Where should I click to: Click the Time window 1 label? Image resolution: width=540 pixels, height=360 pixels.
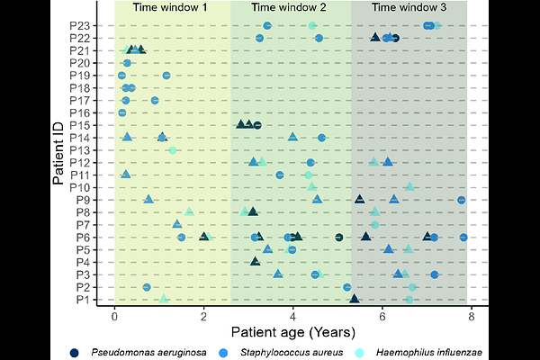[x=170, y=8]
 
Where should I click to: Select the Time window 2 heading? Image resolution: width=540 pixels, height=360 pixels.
[x=289, y=8]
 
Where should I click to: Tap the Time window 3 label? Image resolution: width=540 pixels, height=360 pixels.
[x=409, y=8]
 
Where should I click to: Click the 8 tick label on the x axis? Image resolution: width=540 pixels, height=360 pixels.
[x=471, y=318]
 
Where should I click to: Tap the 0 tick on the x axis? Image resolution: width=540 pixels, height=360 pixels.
[x=114, y=318]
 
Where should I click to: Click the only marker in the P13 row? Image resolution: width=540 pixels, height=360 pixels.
[x=172, y=149]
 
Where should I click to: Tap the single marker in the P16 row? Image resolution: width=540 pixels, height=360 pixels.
[x=122, y=112]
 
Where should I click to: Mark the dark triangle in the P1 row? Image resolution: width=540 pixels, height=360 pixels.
[x=355, y=298]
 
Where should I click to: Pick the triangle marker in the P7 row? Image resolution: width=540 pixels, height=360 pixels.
[x=177, y=223]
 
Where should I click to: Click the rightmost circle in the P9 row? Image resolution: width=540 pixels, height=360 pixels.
[x=462, y=200]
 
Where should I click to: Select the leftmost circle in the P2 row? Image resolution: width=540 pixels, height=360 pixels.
[x=147, y=287]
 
